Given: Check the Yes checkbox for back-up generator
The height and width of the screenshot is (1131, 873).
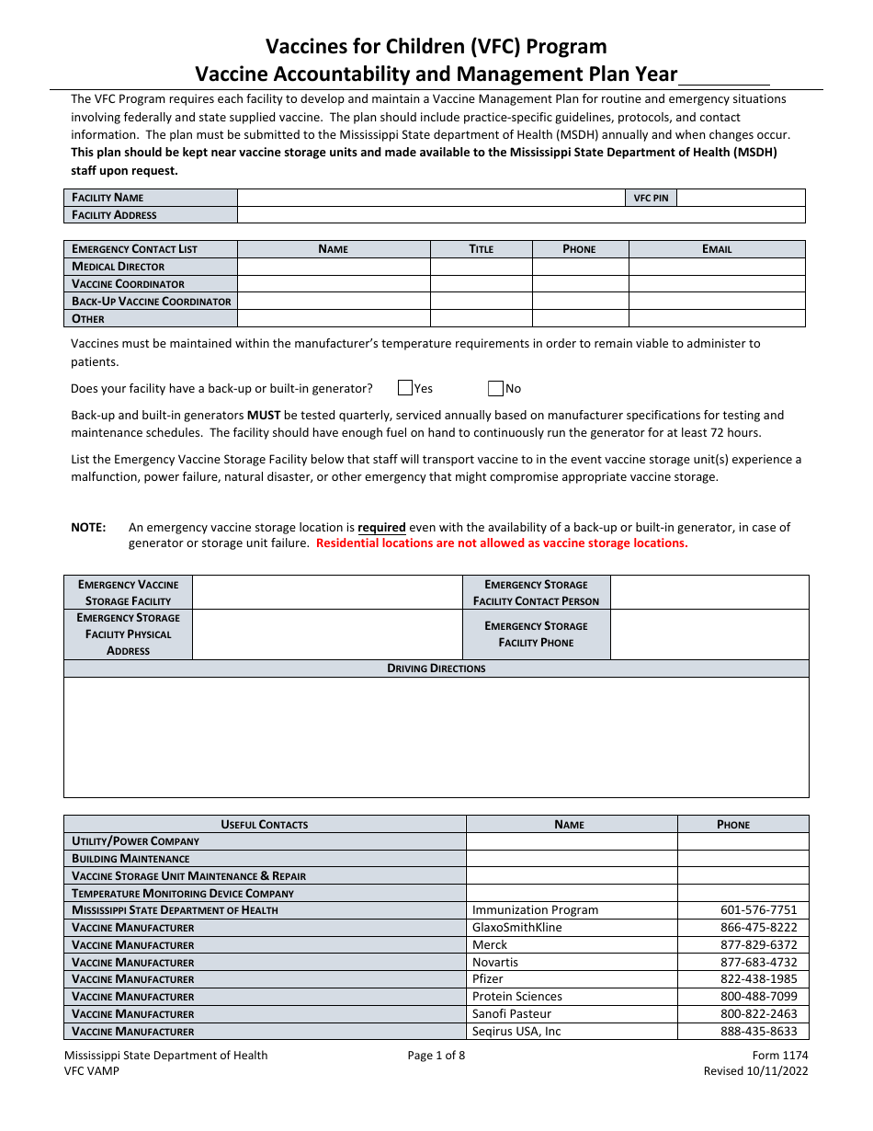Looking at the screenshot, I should tap(405, 388).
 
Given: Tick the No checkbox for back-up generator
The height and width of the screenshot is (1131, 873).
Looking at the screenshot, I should tap(496, 388).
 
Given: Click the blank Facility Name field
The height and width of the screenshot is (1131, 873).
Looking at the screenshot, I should tap(430, 198).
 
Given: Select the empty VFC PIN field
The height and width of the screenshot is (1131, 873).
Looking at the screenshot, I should tap(740, 198).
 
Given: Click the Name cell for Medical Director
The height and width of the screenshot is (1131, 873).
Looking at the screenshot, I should tap(334, 267).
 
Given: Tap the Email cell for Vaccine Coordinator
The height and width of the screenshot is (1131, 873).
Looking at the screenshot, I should tap(717, 284).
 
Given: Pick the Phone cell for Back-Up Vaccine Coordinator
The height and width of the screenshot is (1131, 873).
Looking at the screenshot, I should tap(580, 302).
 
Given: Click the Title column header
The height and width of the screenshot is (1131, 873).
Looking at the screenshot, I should tap(482, 249).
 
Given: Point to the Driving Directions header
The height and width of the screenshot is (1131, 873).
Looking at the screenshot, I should tap(436, 668).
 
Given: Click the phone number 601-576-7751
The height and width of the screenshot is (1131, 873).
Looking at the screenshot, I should tap(758, 910).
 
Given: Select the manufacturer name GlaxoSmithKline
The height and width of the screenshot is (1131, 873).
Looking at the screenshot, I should tap(516, 928).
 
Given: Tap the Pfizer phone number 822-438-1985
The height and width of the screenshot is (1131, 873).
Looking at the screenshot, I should tap(758, 979).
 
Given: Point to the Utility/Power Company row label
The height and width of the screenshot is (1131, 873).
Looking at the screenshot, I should tap(136, 841).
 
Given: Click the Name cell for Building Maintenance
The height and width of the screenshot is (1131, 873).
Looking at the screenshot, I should tap(572, 859).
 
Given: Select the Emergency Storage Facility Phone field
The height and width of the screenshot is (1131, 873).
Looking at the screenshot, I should tap(709, 634).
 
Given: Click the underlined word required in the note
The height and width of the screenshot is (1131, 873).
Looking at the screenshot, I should tap(381, 528).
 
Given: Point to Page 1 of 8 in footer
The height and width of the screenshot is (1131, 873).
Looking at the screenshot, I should tap(436, 1056).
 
